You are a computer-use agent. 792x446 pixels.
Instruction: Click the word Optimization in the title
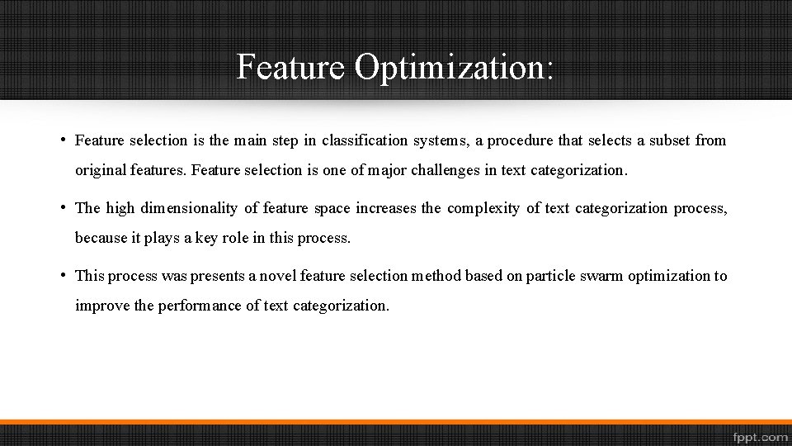454,67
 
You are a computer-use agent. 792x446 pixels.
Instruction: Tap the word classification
363,140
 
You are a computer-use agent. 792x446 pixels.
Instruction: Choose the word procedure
520,140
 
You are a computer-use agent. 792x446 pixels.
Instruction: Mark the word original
101,171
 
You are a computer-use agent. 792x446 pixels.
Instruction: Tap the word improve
102,306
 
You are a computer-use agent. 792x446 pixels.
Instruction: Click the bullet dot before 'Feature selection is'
64,140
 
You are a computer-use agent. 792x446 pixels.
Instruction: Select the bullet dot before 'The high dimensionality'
64,207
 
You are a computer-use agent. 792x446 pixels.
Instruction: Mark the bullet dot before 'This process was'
64,275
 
